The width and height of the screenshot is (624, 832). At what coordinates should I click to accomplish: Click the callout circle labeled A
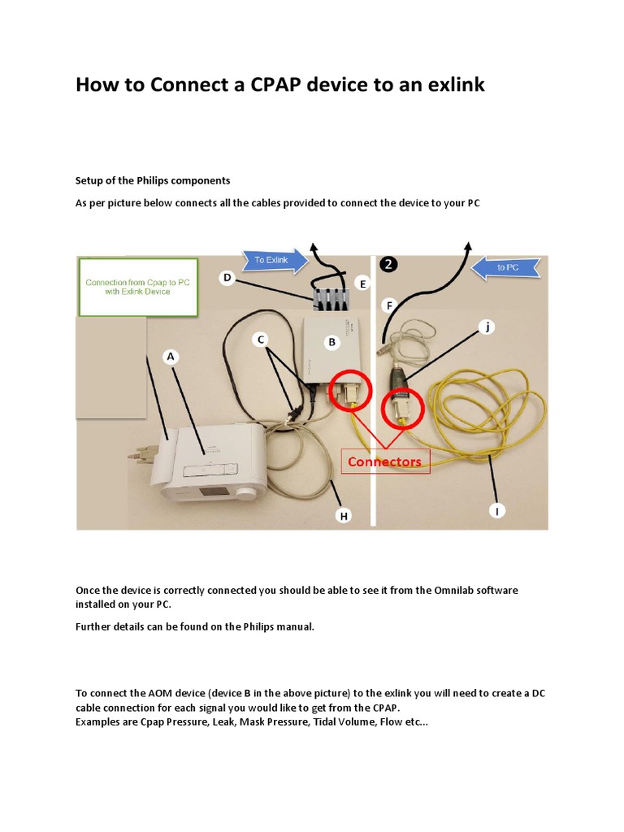171,356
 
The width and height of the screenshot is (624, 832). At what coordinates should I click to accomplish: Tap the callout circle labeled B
331,342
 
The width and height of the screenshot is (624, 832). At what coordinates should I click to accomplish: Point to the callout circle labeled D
228,278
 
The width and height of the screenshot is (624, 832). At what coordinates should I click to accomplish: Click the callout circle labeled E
363,283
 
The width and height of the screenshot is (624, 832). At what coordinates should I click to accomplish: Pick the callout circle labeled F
390,305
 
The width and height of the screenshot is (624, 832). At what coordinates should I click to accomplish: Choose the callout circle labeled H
344,515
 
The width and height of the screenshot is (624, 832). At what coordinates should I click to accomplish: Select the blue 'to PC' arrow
505,266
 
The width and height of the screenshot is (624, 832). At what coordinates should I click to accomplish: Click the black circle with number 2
390,264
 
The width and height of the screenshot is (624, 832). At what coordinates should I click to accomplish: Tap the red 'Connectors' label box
384,461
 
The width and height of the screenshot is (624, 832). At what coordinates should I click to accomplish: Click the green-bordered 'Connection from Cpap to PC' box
138,286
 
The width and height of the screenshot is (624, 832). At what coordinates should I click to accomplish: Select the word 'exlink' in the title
452,84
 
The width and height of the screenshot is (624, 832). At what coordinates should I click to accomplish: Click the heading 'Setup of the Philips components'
153,180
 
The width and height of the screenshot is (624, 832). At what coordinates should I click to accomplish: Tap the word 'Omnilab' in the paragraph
445,590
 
